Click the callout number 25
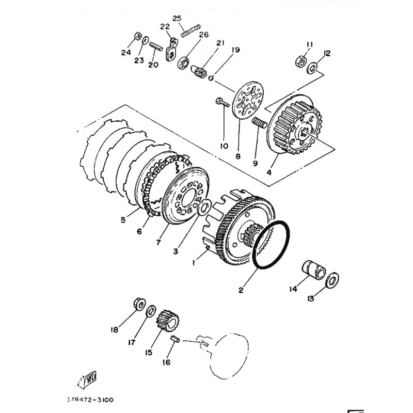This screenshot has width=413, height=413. pyautogui.click(x=177, y=19)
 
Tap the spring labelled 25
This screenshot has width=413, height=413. pyautogui.click(x=190, y=31)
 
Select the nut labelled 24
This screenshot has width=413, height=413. pyautogui.click(x=137, y=37)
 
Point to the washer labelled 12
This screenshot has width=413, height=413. pyautogui.click(x=313, y=68)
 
